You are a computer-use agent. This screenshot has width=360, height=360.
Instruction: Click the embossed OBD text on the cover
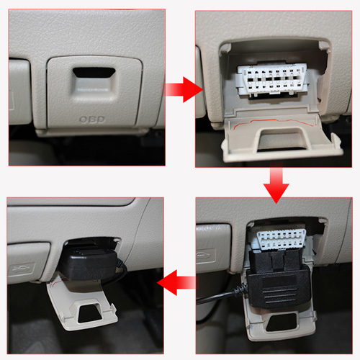click(x=92, y=120)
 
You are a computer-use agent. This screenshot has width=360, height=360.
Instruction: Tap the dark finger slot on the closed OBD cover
click(x=94, y=73)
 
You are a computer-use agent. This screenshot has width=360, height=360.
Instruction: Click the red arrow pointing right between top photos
click(x=183, y=89)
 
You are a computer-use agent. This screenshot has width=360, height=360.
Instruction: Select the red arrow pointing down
click(x=276, y=183)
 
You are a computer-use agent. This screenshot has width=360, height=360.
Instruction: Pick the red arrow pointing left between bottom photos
click(x=176, y=282)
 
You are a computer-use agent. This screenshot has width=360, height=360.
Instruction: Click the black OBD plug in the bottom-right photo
click(x=278, y=279)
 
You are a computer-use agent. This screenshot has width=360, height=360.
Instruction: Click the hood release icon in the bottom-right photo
click(x=206, y=256)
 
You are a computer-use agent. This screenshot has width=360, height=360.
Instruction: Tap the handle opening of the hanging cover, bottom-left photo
click(x=90, y=313)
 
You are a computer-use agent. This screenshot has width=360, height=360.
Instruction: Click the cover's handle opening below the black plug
click(x=282, y=322)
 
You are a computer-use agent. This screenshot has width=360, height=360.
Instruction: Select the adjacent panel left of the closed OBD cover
click(x=19, y=91)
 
